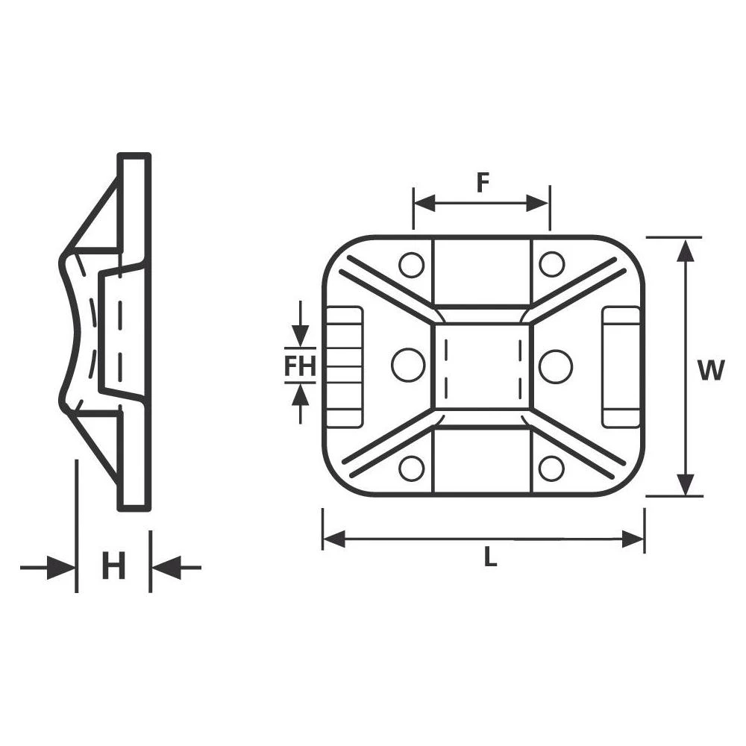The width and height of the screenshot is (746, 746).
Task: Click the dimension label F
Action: (x=482, y=183)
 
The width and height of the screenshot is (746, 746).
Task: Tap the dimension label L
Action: (x=489, y=557)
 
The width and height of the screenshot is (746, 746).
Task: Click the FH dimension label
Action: (x=300, y=366)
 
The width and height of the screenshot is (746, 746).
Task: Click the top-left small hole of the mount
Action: (x=411, y=263)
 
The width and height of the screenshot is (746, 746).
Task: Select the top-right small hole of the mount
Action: (x=551, y=263)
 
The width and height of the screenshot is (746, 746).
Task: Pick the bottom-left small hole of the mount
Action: (x=411, y=468)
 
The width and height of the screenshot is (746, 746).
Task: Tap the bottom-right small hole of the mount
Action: (x=551, y=468)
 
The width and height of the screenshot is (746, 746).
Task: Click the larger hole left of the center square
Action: (x=408, y=366)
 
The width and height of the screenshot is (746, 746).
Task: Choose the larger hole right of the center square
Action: (x=555, y=366)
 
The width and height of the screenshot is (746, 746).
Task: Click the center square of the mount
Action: (x=482, y=366)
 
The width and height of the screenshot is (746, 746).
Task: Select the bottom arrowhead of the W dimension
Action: (x=686, y=484)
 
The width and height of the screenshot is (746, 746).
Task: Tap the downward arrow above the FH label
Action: (x=300, y=334)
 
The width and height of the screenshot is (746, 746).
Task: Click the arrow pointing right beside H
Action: (x=60, y=568)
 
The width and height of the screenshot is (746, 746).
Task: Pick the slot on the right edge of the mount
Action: (x=621, y=366)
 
